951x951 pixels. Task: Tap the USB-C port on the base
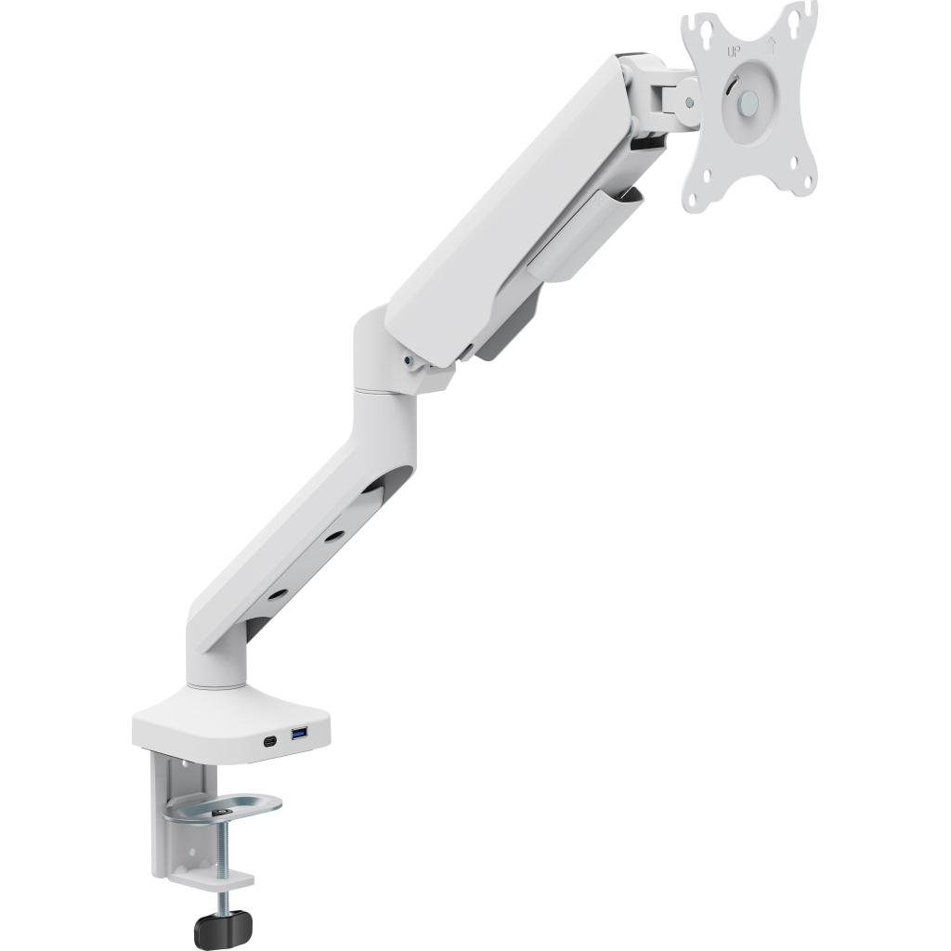(268, 741)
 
